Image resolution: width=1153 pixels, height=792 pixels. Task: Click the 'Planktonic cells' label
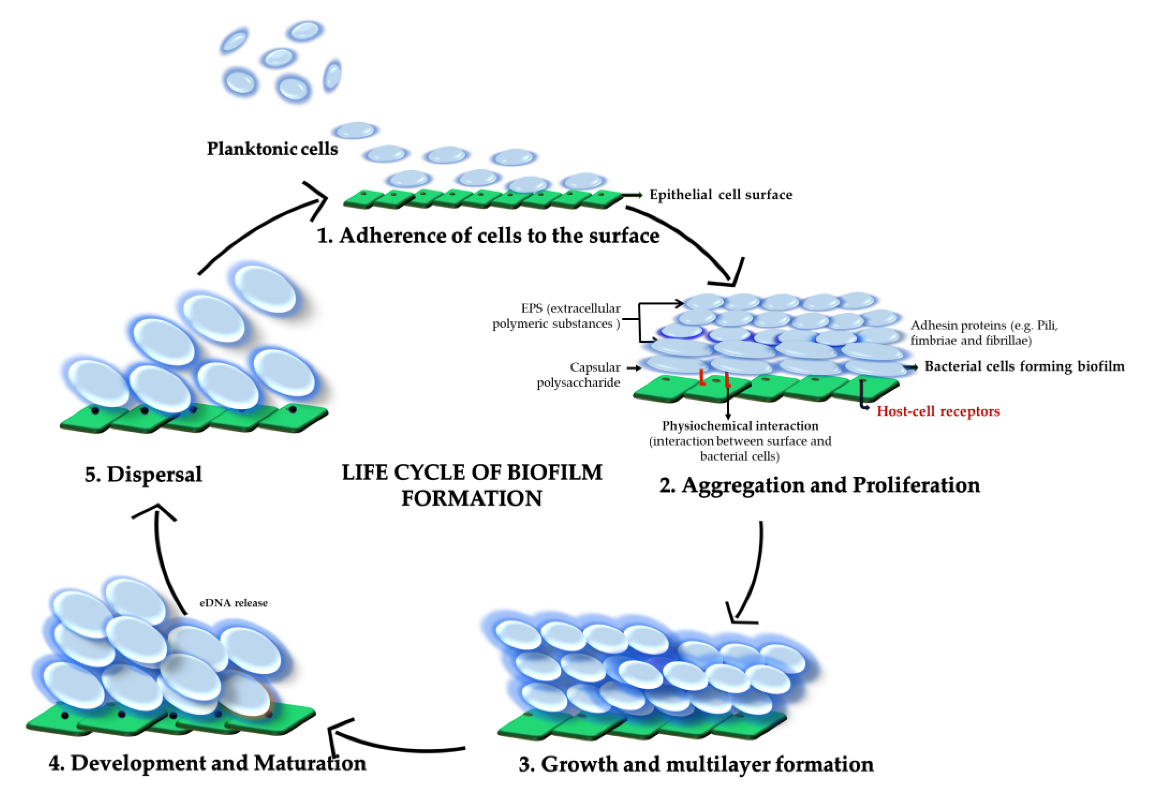[x=272, y=149]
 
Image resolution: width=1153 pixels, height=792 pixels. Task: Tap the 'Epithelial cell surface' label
[x=720, y=195]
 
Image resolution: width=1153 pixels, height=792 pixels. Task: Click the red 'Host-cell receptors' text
[x=937, y=411]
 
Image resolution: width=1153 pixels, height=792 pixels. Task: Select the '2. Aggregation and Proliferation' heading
[x=819, y=485]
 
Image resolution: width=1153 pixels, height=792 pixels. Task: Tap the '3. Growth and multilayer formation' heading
[x=696, y=764]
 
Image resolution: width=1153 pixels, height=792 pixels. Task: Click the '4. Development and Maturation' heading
[x=208, y=763]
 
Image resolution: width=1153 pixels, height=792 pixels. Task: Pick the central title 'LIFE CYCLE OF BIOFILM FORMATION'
[x=472, y=485]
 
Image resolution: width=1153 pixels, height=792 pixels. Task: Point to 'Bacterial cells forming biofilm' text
[x=1024, y=367]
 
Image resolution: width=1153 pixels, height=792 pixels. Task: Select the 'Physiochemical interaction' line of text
[x=740, y=426]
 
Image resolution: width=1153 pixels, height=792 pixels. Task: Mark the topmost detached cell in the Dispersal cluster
[x=265, y=289]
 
